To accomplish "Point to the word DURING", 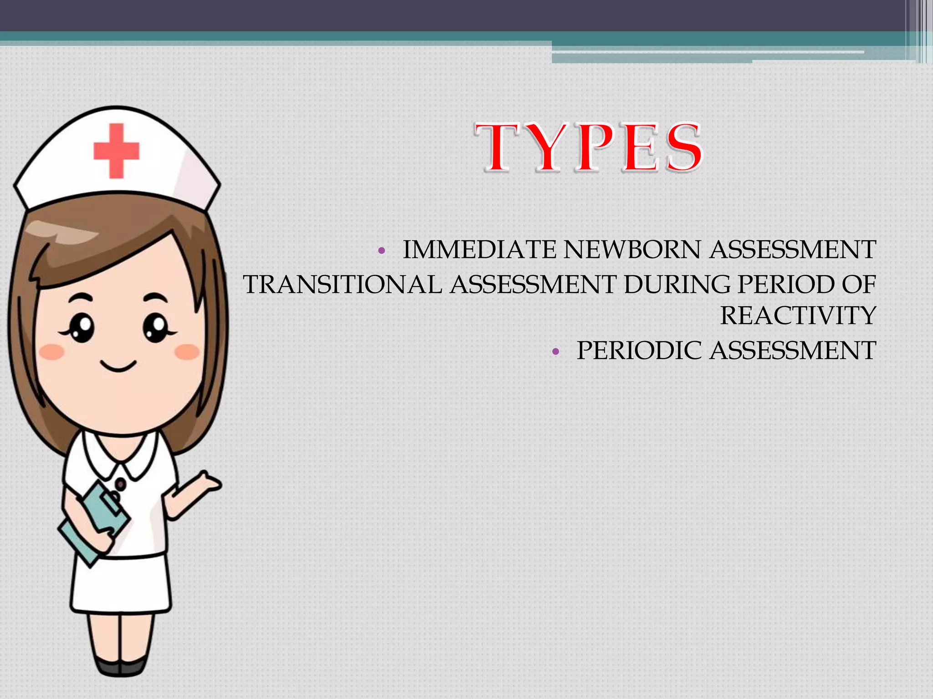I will click(677, 285).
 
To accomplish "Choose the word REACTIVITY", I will click(798, 316).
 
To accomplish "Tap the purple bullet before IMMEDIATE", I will click(382, 251).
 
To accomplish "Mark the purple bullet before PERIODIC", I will click(555, 352).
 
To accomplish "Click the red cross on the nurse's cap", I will click(116, 151).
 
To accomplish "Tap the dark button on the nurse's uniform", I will click(120, 483).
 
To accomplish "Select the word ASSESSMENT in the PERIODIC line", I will click(792, 351).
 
